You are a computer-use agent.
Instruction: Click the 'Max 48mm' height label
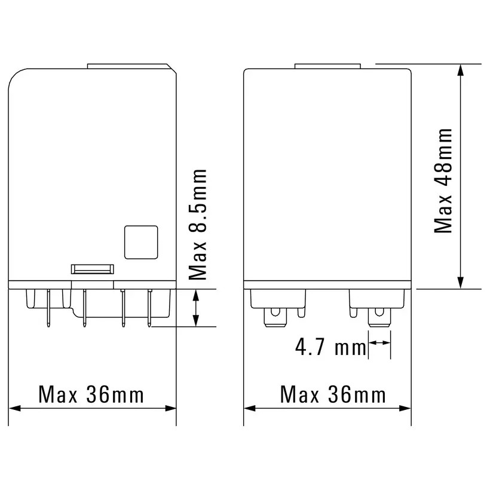[x=444, y=180]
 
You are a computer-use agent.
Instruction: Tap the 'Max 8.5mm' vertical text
[x=197, y=224]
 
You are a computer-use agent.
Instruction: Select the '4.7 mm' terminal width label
[x=330, y=348]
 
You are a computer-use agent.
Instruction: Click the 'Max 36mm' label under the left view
[x=91, y=394]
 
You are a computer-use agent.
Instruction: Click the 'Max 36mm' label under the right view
[x=333, y=394]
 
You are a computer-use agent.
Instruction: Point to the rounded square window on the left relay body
[x=141, y=243]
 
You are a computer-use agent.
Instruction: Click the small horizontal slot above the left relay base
[x=92, y=269]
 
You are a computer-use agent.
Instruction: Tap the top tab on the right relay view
[x=328, y=65]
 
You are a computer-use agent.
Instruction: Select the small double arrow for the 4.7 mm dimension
[x=379, y=342]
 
